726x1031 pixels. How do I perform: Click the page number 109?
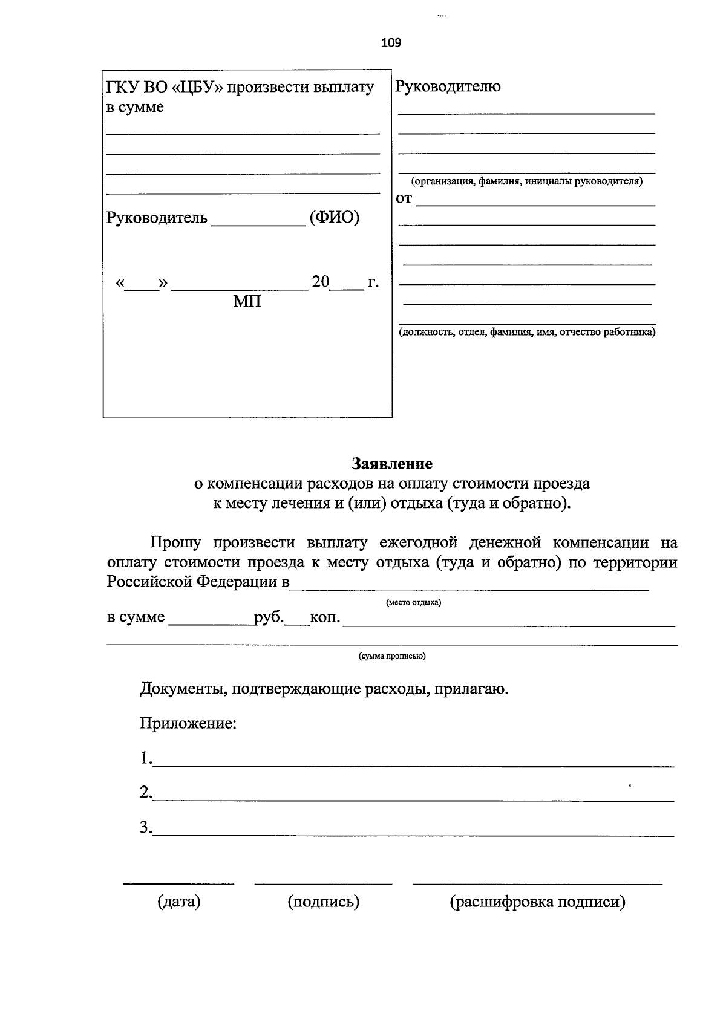pyautogui.click(x=391, y=43)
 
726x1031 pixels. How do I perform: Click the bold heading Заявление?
pyautogui.click(x=392, y=464)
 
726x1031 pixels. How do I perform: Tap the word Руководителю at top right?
pyautogui.click(x=448, y=86)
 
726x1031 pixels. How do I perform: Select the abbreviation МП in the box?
pyautogui.click(x=247, y=301)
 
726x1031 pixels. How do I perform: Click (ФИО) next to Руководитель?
pyautogui.click(x=334, y=217)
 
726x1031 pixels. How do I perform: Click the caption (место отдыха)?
pyautogui.click(x=413, y=602)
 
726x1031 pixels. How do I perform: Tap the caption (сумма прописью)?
pyautogui.click(x=392, y=656)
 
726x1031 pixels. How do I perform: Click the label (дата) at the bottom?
pyautogui.click(x=179, y=902)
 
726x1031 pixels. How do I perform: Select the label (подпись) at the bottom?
pyautogui.click(x=324, y=902)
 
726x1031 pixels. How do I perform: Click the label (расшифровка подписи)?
pyautogui.click(x=537, y=902)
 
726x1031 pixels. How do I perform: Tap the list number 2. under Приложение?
pyautogui.click(x=146, y=792)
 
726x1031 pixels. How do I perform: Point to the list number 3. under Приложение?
pyautogui.click(x=146, y=827)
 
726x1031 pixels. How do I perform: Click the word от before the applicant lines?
pyautogui.click(x=404, y=198)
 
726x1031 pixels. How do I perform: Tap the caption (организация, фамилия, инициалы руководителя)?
pyautogui.click(x=526, y=181)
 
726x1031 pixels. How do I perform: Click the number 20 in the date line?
pyautogui.click(x=321, y=281)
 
